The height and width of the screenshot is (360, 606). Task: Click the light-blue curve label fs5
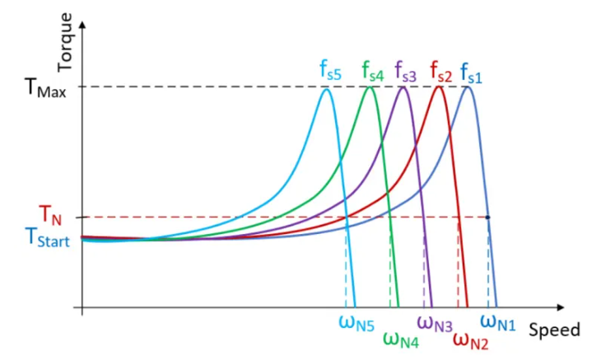[331, 72]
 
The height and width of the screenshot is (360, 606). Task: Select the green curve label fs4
[372, 72]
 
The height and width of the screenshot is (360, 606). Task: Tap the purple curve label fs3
[406, 72]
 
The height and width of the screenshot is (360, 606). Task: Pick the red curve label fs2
[441, 72]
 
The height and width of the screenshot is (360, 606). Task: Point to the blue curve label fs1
[471, 72]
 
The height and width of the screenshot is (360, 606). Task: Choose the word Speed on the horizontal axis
[554, 330]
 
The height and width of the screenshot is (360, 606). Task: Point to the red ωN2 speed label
[469, 338]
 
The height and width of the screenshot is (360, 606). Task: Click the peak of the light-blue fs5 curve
[327, 89]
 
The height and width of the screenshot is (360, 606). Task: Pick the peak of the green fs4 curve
[371, 87]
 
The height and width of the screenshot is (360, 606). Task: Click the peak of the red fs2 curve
[439, 87]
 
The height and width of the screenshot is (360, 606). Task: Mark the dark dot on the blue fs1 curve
[488, 217]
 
